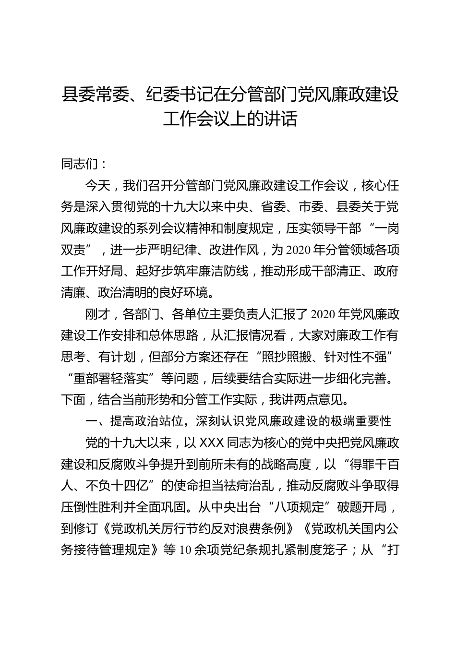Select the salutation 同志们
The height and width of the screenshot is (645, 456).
point(79,164)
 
